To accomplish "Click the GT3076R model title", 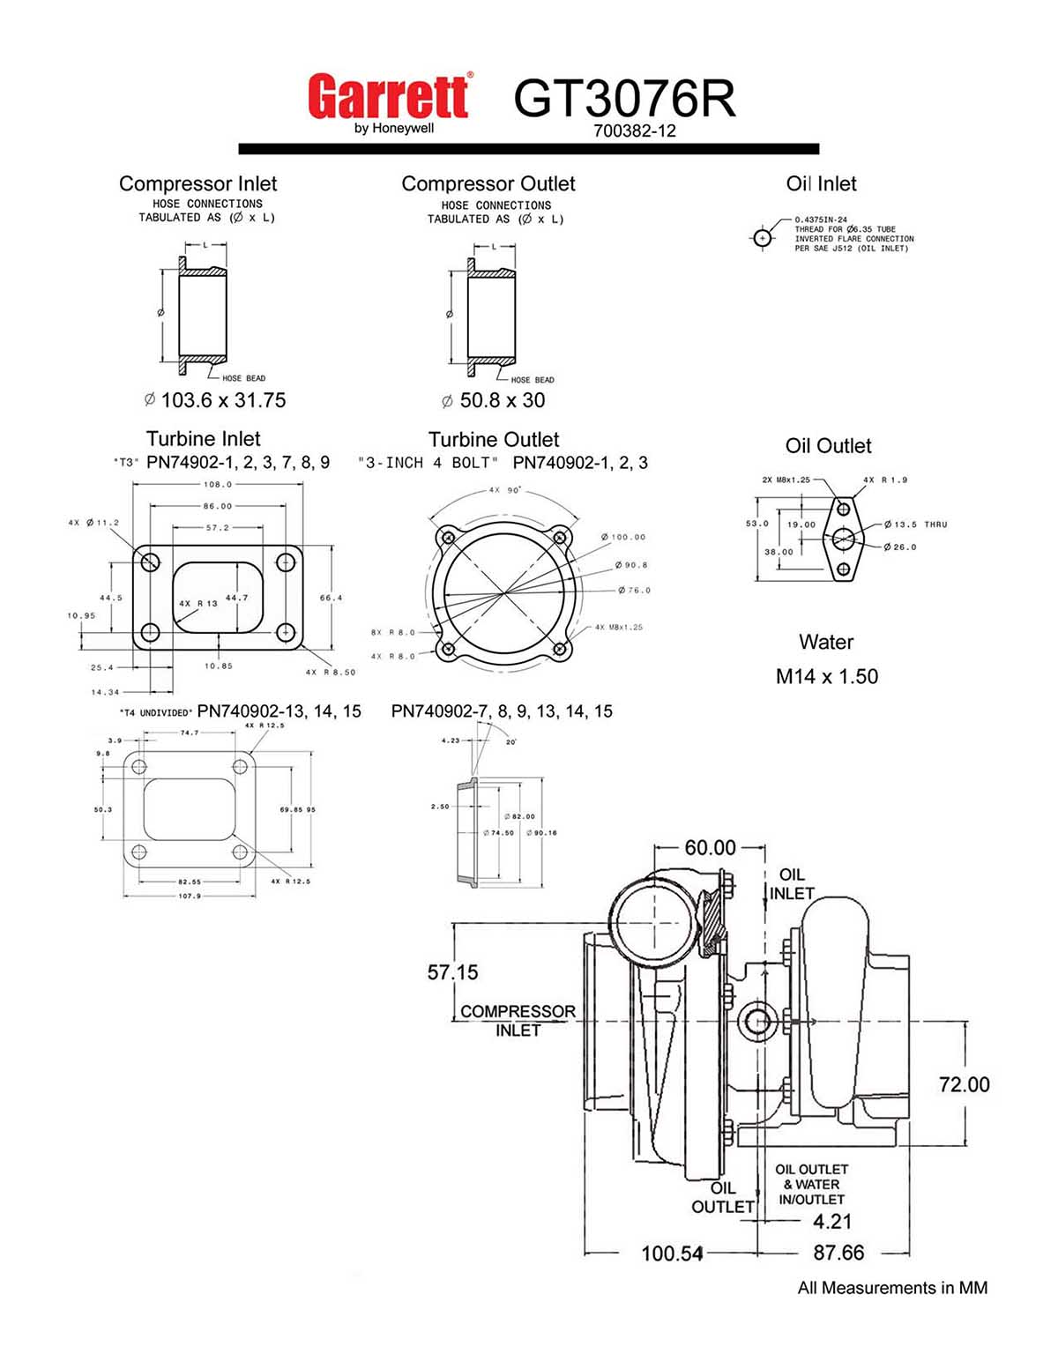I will [624, 98].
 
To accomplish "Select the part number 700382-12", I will [634, 131].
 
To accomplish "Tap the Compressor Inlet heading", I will [197, 183].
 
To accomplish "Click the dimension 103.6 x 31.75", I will [215, 400].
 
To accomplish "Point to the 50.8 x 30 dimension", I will [494, 400].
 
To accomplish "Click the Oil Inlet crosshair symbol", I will [763, 238].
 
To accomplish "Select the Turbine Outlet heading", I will [493, 439].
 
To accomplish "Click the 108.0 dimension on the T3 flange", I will [218, 484].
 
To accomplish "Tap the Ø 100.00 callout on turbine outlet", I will [624, 537].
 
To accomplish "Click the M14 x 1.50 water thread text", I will [826, 677].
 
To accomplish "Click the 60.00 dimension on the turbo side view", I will [710, 847].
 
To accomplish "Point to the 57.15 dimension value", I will [452, 972].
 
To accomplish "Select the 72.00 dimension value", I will [964, 1084].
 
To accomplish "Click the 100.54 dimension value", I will [672, 1253].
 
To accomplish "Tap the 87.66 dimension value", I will [838, 1253].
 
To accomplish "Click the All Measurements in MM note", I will [892, 1288].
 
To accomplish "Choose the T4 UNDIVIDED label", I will [156, 712].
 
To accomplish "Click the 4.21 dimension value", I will [831, 1222].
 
